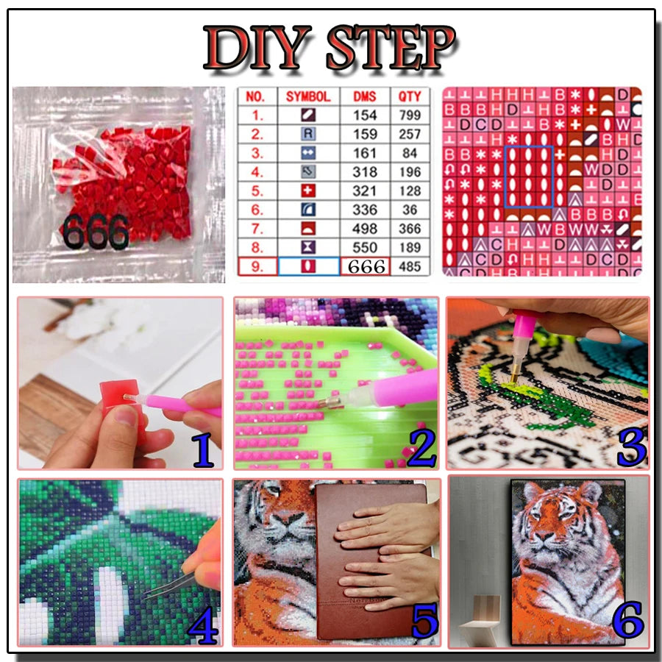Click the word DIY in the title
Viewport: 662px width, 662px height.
click(257, 48)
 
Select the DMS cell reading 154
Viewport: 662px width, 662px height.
click(365, 115)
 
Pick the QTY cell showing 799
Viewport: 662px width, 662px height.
click(410, 115)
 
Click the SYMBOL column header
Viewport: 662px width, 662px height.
click(308, 96)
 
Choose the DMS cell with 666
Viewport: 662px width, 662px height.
click(366, 266)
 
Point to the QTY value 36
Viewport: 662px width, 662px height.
click(410, 210)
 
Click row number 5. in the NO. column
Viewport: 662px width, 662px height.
click(256, 191)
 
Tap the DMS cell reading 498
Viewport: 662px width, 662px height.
click(365, 228)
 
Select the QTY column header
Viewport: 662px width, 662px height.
click(410, 96)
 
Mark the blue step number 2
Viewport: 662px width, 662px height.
click(420, 450)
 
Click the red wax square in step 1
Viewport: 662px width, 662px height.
click(120, 395)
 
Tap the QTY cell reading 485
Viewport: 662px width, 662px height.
click(410, 266)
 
